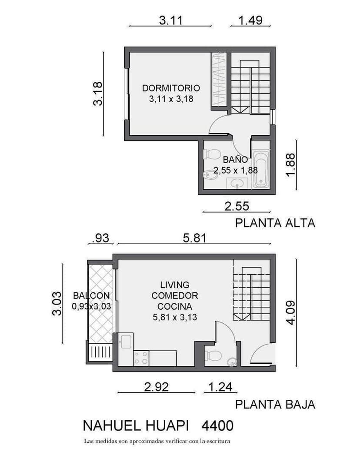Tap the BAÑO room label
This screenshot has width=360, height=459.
coord(235,160)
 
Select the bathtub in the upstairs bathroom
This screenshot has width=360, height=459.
coord(261,169)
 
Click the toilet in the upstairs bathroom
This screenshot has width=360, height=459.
coord(213,154)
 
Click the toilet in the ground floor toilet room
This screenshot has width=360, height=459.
coord(213,355)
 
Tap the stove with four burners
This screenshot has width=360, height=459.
coord(141,358)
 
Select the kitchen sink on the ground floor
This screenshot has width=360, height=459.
coord(127,341)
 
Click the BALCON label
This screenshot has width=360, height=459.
coord(91,295)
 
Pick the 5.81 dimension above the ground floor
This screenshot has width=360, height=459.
coord(194,238)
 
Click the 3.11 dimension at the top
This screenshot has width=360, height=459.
coord(170,20)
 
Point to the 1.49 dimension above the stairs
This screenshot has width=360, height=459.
coord(250,20)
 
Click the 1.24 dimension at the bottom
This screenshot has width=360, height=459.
coord(220,386)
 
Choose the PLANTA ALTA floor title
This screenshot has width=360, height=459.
coord(275,223)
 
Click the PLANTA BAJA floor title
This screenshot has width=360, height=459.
coord(275,404)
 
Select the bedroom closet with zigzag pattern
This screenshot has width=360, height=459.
coord(219,79)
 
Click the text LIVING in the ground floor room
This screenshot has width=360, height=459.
coord(175,285)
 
